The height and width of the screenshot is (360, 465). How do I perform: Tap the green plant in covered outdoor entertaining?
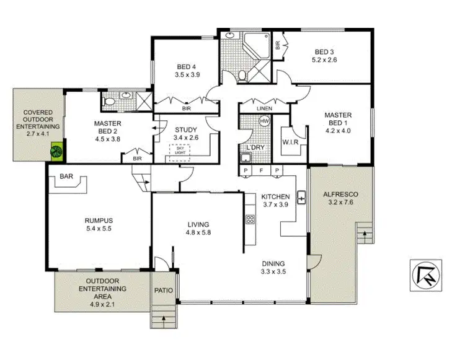click(57, 151)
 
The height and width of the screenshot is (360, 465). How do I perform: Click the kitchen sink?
click(301, 198)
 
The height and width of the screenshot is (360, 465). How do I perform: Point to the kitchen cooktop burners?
click(250, 219)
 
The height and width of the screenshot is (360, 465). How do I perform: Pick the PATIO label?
click(164, 291)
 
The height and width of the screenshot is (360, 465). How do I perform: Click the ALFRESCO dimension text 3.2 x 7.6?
click(341, 202)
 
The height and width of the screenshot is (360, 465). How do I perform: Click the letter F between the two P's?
click(262, 170)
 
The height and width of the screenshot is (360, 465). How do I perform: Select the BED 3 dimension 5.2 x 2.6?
click(325, 60)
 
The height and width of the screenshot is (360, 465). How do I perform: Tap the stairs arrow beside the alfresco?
click(365, 235)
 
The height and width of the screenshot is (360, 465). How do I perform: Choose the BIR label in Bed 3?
click(278, 45)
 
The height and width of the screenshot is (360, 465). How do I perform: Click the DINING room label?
click(273, 262)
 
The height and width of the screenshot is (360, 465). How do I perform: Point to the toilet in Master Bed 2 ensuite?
click(109, 100)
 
